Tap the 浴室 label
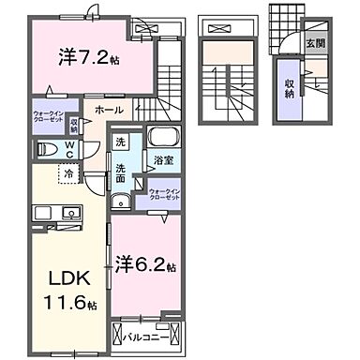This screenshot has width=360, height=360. tap(164, 160)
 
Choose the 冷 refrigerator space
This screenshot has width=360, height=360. tap(68, 172)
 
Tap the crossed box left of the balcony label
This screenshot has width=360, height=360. tap(119, 334)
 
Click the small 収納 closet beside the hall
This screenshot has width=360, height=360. tap(73, 123)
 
